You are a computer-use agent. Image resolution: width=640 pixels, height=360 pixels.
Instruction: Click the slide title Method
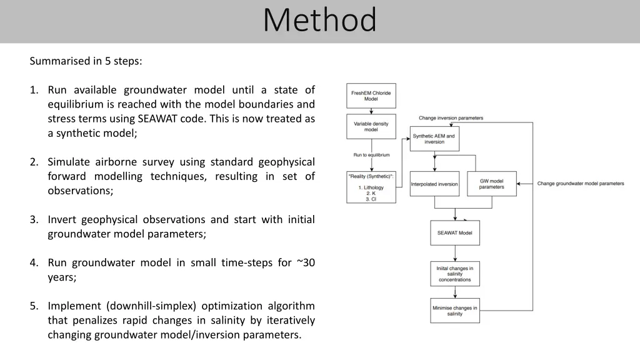click(x=319, y=21)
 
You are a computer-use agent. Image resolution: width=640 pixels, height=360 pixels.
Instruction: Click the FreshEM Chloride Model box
click(x=371, y=96)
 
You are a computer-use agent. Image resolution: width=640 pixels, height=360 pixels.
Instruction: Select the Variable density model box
click(x=371, y=126)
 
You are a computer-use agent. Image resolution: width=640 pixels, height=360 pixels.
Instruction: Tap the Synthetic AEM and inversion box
click(x=434, y=139)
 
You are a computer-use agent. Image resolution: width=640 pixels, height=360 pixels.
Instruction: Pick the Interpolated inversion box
click(x=434, y=184)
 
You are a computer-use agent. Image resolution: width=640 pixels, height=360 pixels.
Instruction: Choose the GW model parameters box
click(x=492, y=184)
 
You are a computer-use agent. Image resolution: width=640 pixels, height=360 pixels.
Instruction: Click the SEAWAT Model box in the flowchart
click(x=455, y=232)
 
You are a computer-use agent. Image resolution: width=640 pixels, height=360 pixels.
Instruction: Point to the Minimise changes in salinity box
click(x=455, y=311)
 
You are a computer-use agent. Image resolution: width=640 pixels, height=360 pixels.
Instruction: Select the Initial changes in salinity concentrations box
click(x=455, y=274)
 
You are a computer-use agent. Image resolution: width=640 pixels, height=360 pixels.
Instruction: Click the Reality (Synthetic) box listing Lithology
click(x=371, y=187)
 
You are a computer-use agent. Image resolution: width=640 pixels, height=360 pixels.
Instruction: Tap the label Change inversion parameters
click(x=451, y=118)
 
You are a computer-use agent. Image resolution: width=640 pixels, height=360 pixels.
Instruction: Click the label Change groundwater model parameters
click(x=581, y=184)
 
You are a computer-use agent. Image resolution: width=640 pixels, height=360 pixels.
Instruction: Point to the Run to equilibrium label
click(x=371, y=155)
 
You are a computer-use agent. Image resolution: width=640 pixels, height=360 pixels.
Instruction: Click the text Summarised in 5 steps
click(x=86, y=61)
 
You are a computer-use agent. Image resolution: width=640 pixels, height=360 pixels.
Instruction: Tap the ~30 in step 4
click(x=306, y=262)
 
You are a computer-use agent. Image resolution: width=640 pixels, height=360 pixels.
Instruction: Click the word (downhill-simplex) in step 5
click(x=149, y=306)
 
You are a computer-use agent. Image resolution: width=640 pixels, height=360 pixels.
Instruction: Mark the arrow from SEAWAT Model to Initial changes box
click(x=455, y=253)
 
